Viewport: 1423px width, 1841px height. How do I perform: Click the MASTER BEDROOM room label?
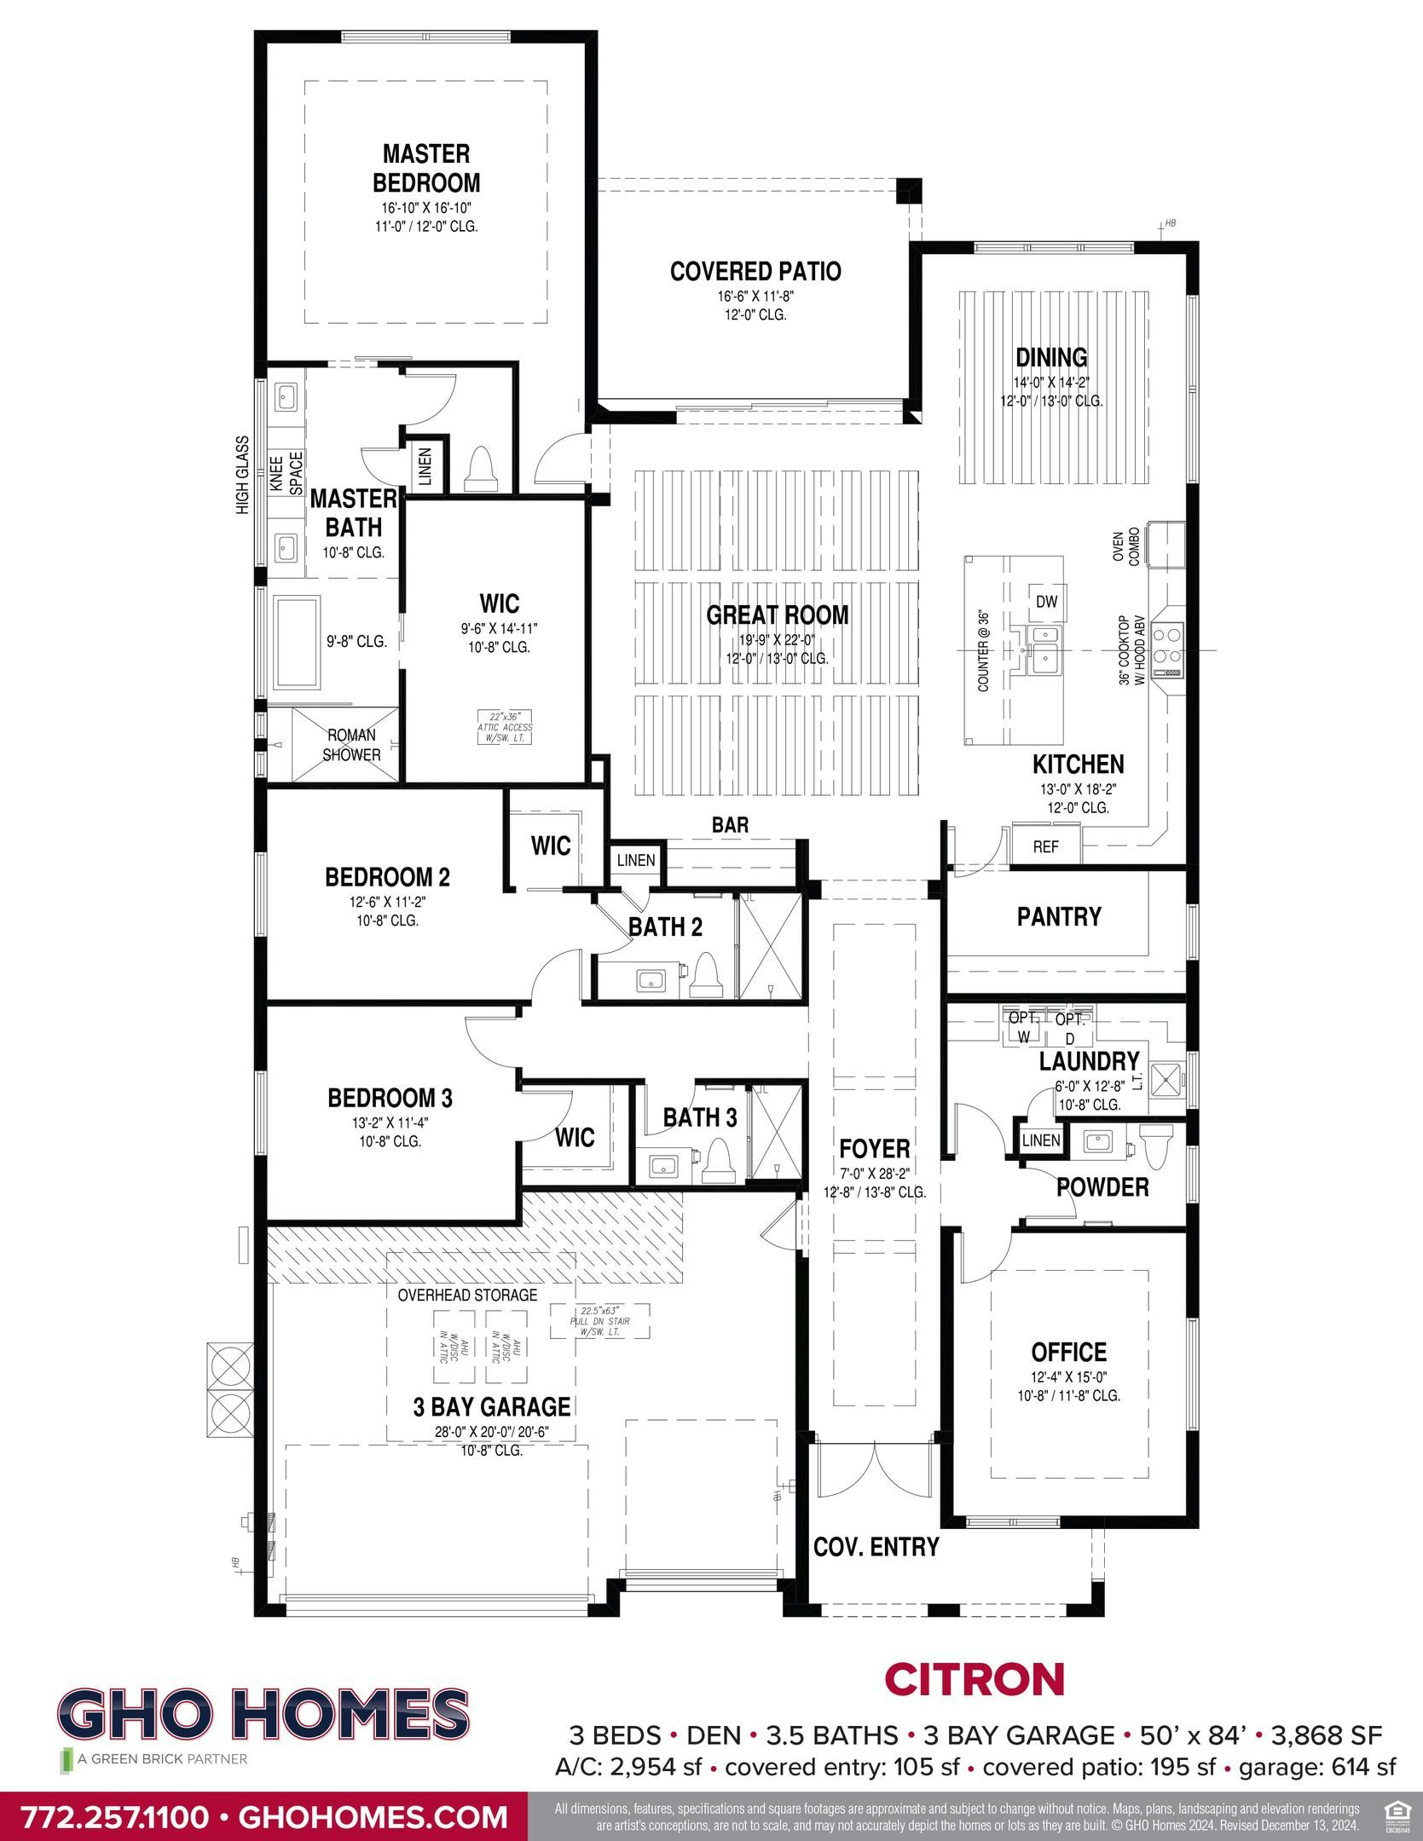(x=425, y=168)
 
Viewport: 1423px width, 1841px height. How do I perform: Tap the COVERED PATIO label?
(x=755, y=271)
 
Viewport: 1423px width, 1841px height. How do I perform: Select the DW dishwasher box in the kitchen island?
(x=1046, y=602)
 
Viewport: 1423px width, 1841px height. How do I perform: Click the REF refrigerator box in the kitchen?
(x=1045, y=846)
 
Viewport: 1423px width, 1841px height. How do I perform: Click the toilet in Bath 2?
(x=705, y=974)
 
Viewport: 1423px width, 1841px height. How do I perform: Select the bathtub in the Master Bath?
(x=297, y=643)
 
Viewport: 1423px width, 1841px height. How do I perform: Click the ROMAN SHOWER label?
(x=351, y=745)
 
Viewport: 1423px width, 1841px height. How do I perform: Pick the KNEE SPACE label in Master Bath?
(x=286, y=473)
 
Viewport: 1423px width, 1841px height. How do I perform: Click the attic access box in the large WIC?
(x=506, y=727)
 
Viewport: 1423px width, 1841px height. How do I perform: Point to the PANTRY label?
(x=1058, y=916)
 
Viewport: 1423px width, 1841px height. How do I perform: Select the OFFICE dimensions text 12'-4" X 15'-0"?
(x=1067, y=1376)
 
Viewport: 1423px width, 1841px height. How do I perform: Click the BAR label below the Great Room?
(x=730, y=824)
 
